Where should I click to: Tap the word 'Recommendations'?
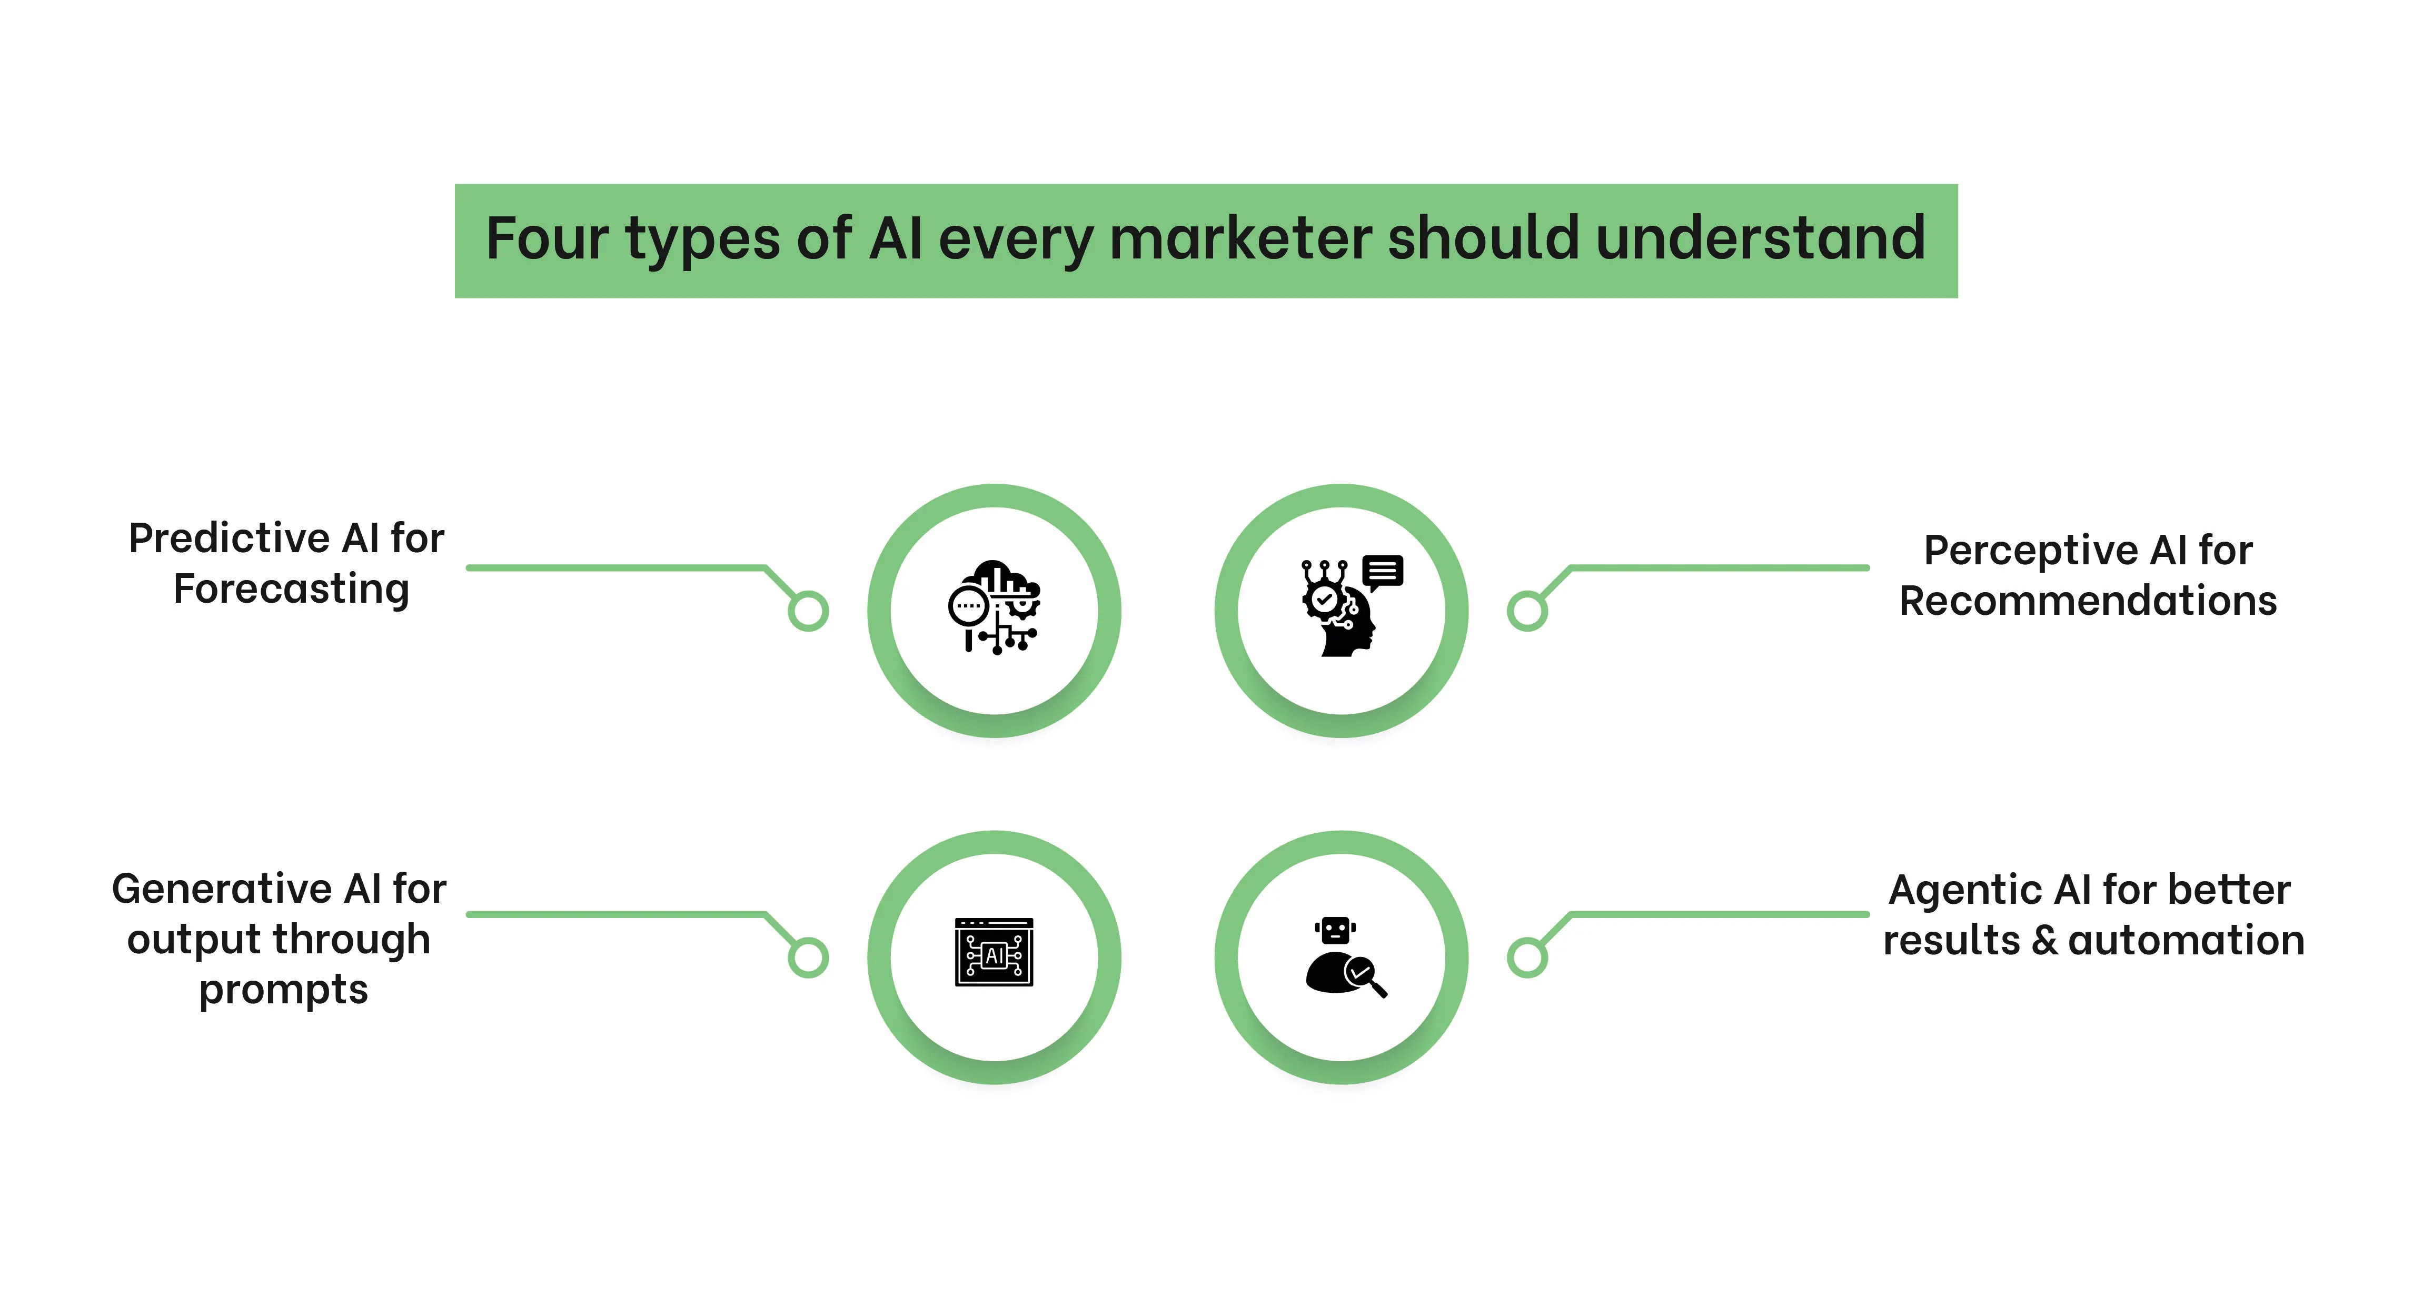2088,601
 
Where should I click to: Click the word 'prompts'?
284,990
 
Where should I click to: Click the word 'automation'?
2186,940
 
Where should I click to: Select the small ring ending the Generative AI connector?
808,958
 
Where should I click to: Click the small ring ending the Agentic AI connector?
1527,958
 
